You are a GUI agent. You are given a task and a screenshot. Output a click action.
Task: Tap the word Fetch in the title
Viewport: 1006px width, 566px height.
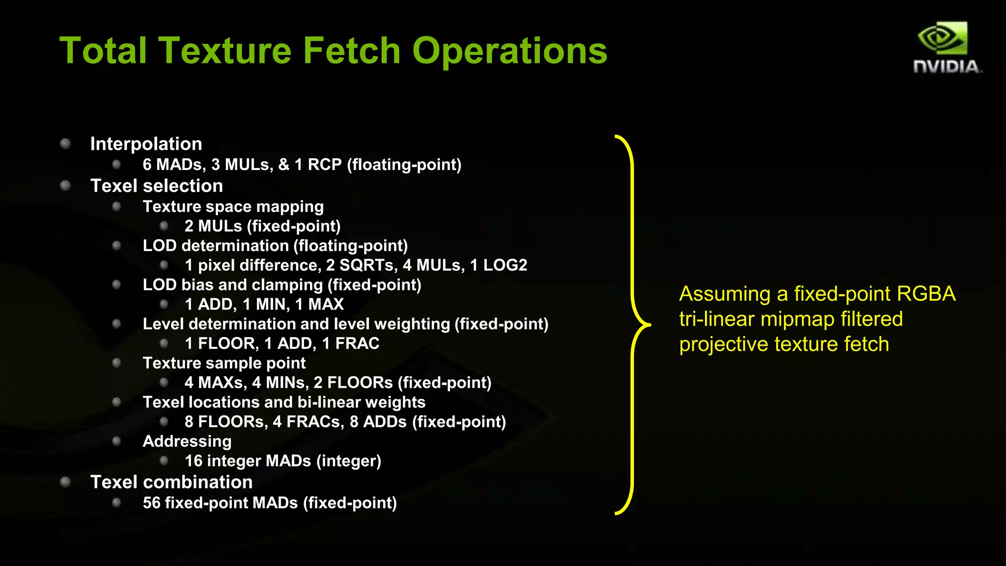[x=352, y=51]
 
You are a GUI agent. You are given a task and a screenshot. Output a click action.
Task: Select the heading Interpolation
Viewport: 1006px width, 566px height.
[x=146, y=144]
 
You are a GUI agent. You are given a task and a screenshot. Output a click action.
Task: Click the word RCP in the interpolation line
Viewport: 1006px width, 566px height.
[x=324, y=165]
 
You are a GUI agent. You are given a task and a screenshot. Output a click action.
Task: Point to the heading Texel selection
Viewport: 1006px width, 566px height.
[x=156, y=186]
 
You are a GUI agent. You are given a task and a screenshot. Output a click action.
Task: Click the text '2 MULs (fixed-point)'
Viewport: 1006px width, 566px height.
[x=262, y=226]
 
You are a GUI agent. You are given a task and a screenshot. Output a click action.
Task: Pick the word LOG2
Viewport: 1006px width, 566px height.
[x=505, y=265]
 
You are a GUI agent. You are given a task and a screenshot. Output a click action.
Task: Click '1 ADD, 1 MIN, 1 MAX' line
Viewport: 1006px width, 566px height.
[x=264, y=305]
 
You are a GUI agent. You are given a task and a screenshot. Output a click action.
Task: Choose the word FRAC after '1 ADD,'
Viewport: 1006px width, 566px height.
[x=358, y=343]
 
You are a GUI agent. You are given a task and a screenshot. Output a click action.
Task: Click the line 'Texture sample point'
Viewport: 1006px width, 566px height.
[x=224, y=363]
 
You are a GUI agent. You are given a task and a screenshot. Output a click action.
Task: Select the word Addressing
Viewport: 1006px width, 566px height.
[x=187, y=441]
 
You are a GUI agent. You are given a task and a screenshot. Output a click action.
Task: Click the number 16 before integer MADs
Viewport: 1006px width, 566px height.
[x=194, y=461]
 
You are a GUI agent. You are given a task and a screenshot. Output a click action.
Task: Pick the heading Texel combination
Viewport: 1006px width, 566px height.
[x=171, y=482]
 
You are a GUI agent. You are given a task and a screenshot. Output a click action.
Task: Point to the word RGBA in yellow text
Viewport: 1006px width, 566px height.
[x=926, y=294]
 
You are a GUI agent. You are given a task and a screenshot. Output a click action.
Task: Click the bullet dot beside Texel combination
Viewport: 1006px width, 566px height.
[x=65, y=482]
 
